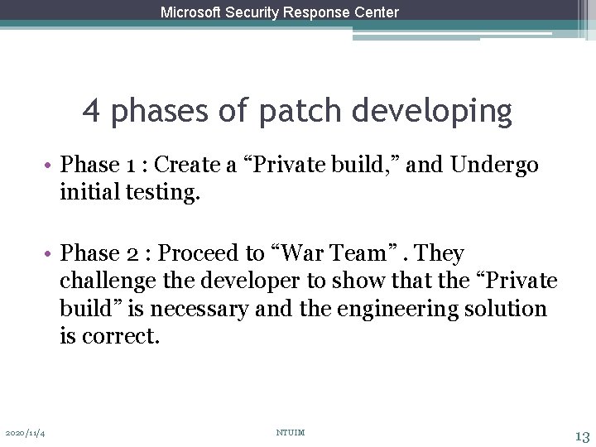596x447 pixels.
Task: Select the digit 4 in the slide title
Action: point(92,111)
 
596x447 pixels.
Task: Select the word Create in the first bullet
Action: point(188,165)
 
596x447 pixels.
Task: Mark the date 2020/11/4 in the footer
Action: point(25,433)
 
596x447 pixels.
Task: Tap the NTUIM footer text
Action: point(290,433)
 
